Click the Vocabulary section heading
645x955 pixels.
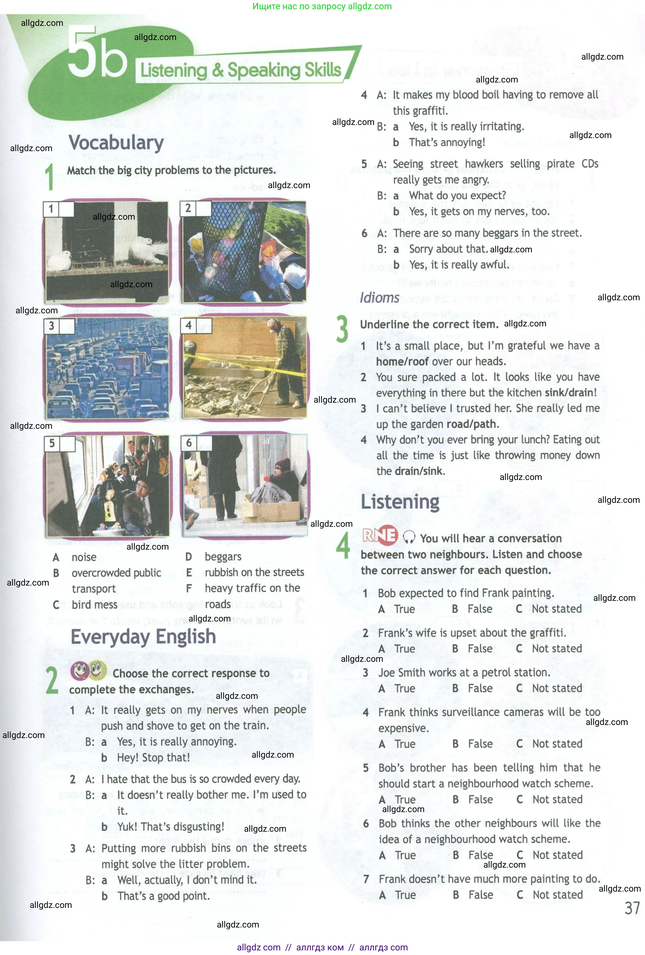point(116,143)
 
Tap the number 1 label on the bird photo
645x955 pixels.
point(51,209)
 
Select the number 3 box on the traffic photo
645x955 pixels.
point(51,326)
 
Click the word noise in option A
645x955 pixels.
point(84,557)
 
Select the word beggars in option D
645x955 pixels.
point(223,557)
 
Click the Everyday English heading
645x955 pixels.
point(143,636)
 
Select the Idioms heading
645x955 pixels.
point(379,298)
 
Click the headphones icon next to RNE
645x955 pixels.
point(409,537)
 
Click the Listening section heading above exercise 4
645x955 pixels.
point(399,502)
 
